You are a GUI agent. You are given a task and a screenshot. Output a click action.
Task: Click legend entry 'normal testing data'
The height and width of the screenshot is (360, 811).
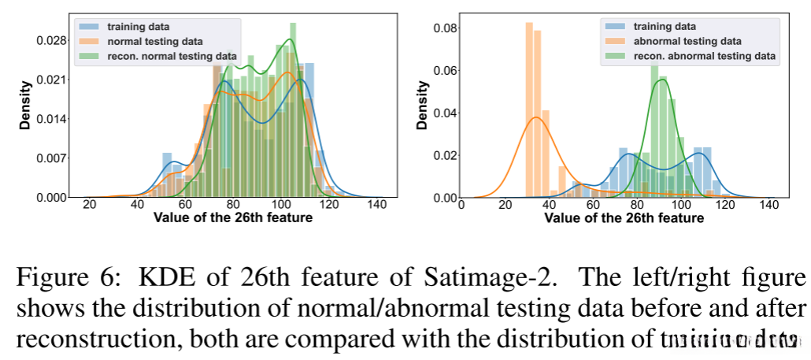pos(154,41)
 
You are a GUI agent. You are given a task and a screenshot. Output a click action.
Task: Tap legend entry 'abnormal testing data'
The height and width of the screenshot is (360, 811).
pos(682,41)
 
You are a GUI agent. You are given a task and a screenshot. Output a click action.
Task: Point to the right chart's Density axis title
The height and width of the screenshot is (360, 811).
pos(422,107)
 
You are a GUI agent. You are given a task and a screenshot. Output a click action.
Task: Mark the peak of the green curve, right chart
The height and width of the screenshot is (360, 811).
pos(662,79)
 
